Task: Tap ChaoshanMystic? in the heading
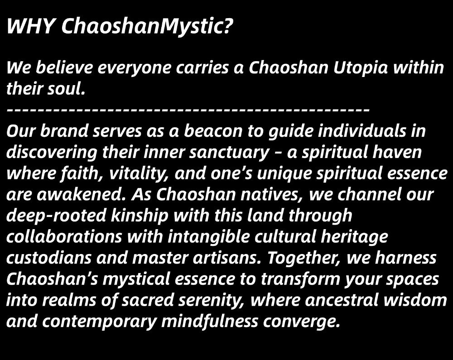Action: click(147, 27)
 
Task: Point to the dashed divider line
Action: click(188, 110)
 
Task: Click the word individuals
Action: click(361, 131)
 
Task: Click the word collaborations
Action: click(64, 236)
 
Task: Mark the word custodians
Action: click(49, 258)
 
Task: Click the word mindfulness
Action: click(209, 321)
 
